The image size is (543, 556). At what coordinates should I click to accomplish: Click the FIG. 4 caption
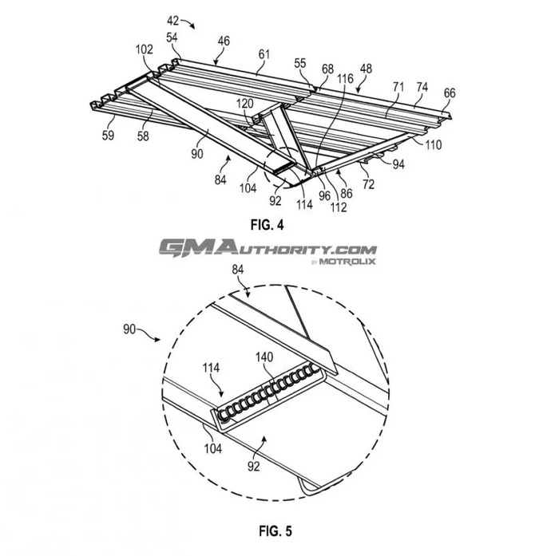[267, 225]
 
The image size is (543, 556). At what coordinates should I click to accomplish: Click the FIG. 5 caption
[275, 530]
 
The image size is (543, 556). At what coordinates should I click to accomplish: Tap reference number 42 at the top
[172, 21]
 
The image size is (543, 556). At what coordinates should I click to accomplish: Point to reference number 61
[264, 54]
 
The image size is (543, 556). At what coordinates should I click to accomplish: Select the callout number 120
[244, 104]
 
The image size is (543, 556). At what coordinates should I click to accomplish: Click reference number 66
[450, 93]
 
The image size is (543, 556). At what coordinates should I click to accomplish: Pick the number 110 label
[433, 145]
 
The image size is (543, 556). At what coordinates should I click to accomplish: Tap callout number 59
[108, 135]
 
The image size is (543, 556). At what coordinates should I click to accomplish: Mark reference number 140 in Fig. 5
[264, 357]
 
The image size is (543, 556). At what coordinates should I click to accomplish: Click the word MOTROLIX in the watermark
[347, 262]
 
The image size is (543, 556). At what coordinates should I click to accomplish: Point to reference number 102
[144, 49]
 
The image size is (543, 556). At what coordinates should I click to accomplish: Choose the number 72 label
[368, 184]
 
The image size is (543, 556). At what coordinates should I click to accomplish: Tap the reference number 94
[398, 164]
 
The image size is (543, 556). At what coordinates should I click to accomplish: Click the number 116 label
[345, 78]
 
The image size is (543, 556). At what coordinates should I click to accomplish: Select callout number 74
[422, 87]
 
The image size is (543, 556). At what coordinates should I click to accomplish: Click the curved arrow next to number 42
[188, 23]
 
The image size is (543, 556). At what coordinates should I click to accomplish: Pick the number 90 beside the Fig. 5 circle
[129, 329]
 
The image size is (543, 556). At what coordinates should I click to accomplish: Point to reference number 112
[339, 207]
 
